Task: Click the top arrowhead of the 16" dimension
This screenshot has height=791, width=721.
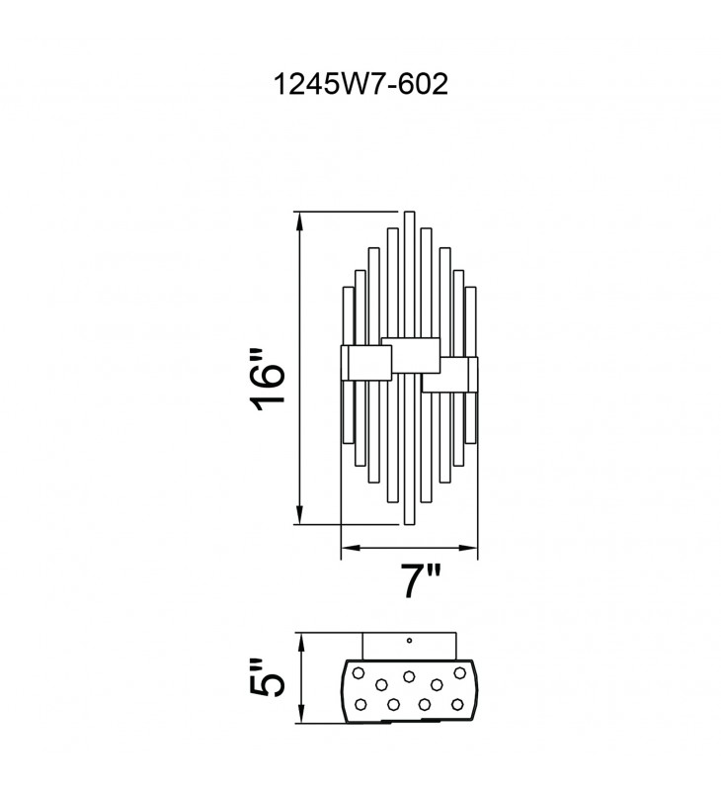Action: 300,218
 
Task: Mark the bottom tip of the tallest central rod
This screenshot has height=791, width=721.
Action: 409,523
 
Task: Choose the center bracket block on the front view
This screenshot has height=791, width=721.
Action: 409,354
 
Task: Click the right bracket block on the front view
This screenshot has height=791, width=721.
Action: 449,375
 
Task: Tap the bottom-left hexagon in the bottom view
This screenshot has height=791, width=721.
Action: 360,703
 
